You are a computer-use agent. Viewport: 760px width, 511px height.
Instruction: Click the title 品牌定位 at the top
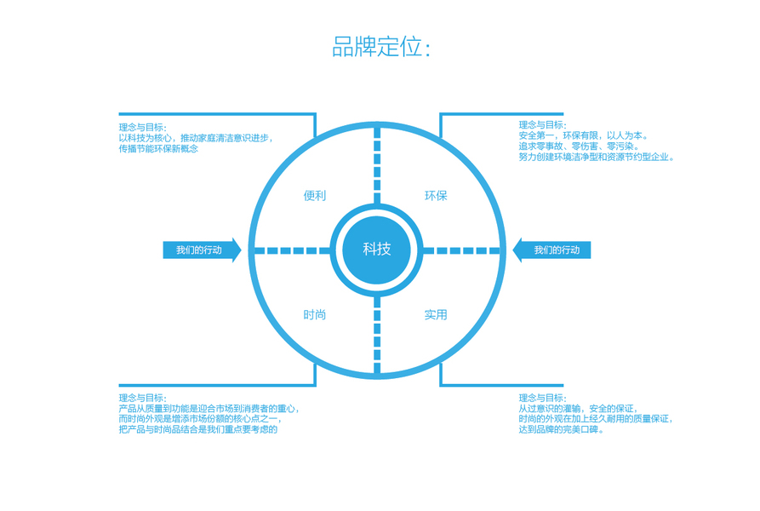pyautogui.click(x=380, y=47)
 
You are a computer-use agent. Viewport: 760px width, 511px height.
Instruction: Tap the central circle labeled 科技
pyautogui.click(x=376, y=250)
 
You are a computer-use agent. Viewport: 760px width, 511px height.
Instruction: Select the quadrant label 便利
pyautogui.click(x=314, y=196)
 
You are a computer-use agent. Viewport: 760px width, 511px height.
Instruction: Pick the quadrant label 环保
pyautogui.click(x=436, y=196)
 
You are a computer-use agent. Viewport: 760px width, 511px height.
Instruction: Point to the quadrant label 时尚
pyautogui.click(x=314, y=315)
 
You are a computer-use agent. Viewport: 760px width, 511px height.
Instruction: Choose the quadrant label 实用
pyautogui.click(x=436, y=315)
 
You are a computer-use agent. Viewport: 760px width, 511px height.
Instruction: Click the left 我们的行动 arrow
pyautogui.click(x=201, y=250)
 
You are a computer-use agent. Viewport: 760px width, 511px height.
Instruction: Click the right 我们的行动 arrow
pyautogui.click(x=554, y=250)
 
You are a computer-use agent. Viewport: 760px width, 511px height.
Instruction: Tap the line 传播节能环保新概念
pyautogui.click(x=158, y=148)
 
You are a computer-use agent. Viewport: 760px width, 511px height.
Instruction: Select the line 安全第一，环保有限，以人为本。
pyautogui.click(x=584, y=135)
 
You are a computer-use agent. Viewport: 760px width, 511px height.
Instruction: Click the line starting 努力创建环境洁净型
pyautogui.click(x=597, y=158)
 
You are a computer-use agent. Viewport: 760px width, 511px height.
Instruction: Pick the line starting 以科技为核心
pyautogui.click(x=201, y=137)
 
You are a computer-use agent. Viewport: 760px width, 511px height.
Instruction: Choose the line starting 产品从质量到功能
pyautogui.click(x=209, y=409)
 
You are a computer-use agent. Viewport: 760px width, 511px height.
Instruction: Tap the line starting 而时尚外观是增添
pyautogui.click(x=200, y=419)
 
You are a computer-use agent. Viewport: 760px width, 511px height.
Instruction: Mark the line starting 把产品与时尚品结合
pyautogui.click(x=198, y=430)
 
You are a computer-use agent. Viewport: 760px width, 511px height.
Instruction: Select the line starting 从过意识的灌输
pyautogui.click(x=578, y=409)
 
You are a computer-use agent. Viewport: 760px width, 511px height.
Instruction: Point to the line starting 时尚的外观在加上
pyautogui.click(x=596, y=419)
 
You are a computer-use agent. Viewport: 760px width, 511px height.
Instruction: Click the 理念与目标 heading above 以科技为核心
pyautogui.click(x=142, y=126)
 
